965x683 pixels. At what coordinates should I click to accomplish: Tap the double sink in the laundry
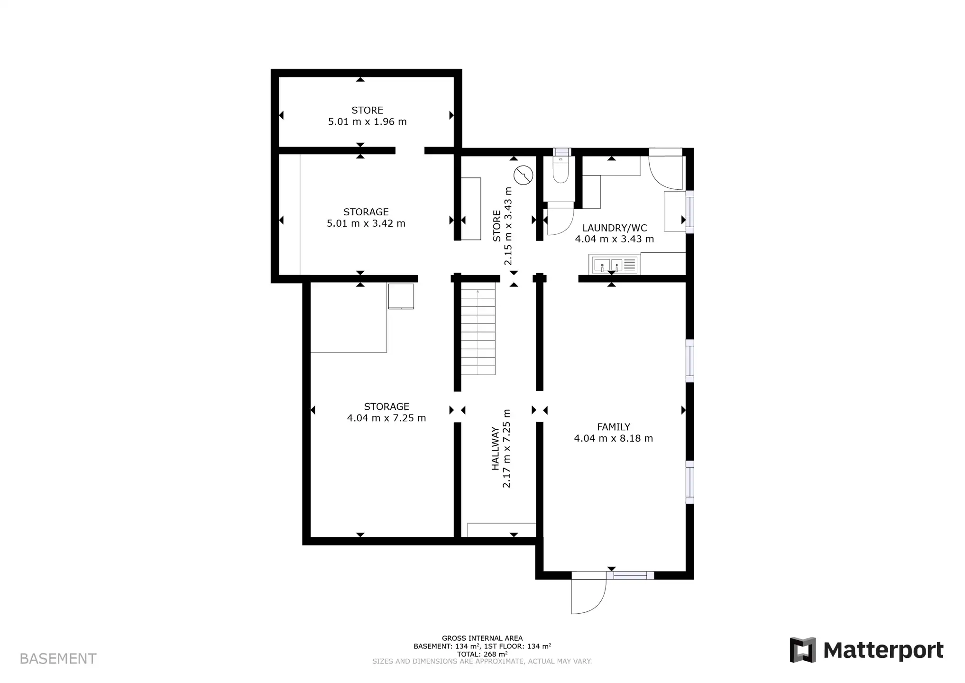613,265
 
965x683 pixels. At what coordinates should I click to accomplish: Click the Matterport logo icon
802,650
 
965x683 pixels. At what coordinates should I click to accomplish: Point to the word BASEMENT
58,659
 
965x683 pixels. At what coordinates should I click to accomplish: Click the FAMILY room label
613,427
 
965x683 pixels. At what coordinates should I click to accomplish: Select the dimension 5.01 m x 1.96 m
367,122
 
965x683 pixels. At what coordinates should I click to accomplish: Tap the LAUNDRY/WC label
614,228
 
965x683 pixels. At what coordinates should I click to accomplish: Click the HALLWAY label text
495,448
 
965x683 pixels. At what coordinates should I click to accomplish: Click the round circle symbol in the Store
523,175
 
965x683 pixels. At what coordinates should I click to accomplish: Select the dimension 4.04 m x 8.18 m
613,439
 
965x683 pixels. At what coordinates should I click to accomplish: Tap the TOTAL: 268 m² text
482,654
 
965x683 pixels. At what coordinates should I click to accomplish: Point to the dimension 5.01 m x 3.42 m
366,223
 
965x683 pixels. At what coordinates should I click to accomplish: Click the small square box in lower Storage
401,296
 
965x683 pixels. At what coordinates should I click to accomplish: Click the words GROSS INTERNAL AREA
482,638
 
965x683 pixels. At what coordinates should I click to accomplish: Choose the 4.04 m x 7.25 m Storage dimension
386,418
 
